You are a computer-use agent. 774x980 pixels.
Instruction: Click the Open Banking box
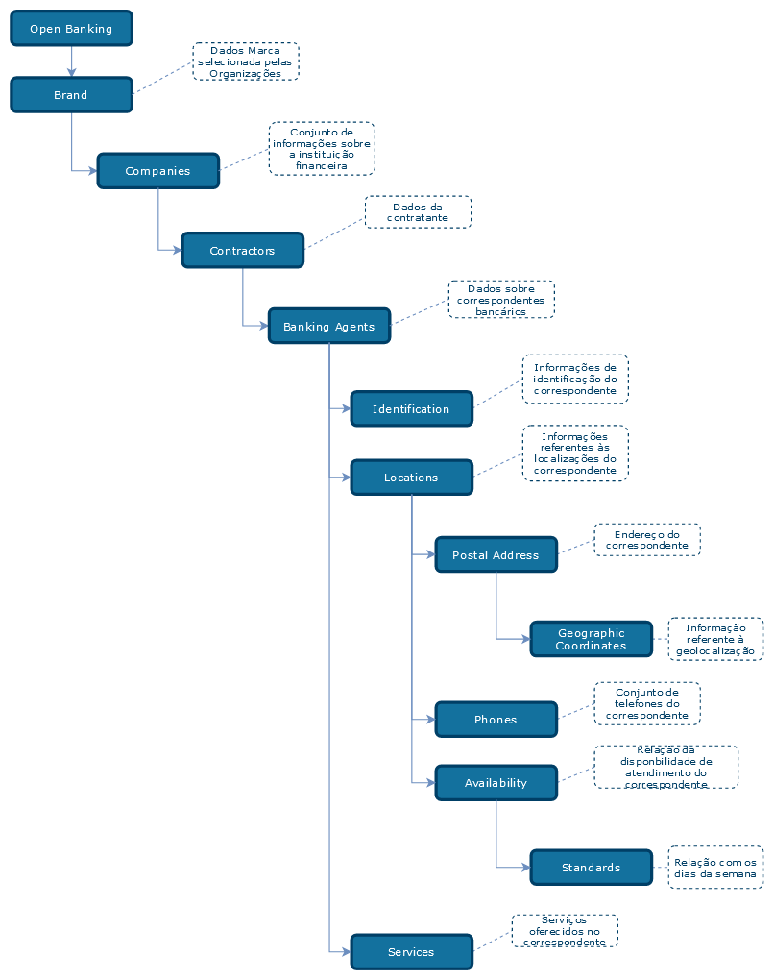coord(71,29)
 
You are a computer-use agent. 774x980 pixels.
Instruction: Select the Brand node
coord(71,95)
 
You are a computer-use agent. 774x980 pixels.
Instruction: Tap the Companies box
coord(158,171)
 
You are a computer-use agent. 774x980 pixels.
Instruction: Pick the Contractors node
coord(243,251)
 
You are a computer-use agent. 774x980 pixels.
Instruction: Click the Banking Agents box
coord(329,327)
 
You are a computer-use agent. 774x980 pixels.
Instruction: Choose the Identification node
coord(412,409)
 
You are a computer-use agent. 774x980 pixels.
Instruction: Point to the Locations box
coord(412,478)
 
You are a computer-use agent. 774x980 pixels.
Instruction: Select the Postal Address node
coord(496,555)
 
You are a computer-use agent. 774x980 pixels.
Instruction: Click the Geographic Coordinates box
coord(592,639)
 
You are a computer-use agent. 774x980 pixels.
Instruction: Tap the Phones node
coord(496,720)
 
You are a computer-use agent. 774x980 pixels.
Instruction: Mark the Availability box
coord(496,783)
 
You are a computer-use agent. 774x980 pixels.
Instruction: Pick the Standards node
coord(592,868)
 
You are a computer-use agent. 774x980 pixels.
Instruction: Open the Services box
coord(412,952)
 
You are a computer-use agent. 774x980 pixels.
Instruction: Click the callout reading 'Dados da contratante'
coord(418,212)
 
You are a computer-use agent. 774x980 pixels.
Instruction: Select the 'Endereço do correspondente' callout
coord(647,540)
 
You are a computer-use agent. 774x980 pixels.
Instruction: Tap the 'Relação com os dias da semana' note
coord(715,868)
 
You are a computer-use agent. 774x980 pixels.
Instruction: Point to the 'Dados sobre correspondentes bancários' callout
coord(501,300)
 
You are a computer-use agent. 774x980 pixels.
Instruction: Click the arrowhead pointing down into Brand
coord(71,72)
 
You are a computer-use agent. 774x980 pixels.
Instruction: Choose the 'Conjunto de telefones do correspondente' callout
coord(647,704)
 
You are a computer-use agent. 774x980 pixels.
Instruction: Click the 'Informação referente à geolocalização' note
coord(715,639)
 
